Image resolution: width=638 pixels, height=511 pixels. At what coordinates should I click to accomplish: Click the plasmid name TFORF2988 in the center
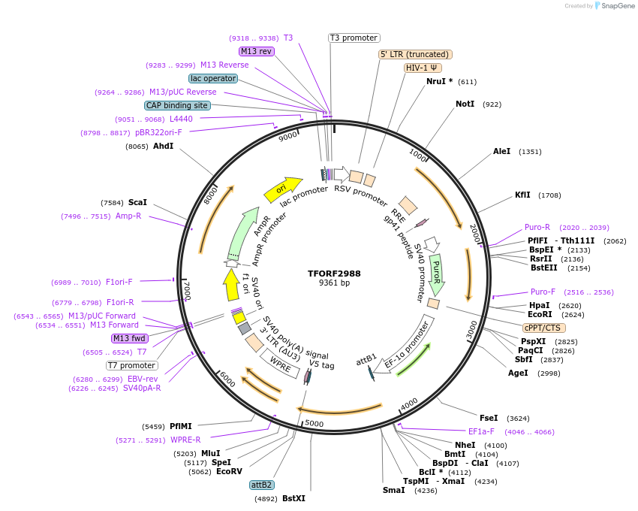click(334, 274)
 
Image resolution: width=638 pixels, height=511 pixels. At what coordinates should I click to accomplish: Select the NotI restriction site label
click(465, 104)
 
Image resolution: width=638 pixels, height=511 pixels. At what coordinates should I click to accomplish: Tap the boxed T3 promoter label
click(354, 38)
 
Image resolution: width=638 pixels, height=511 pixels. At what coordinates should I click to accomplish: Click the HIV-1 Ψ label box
click(423, 68)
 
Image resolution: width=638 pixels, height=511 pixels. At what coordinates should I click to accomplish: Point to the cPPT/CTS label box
click(544, 328)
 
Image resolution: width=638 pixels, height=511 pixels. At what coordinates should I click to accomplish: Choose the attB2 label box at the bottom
click(262, 485)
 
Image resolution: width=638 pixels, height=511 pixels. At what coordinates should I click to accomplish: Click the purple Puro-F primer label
click(544, 292)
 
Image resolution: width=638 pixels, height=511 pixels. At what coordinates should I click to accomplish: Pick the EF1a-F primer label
click(481, 431)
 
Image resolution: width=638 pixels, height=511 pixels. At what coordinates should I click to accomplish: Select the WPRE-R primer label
click(185, 440)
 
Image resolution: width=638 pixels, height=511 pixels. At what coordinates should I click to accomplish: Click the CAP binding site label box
click(177, 106)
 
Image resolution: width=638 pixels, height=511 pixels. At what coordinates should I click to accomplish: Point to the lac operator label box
click(213, 78)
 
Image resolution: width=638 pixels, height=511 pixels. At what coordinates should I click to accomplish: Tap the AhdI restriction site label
click(163, 146)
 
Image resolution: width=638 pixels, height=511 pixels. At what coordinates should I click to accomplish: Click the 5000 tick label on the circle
click(314, 423)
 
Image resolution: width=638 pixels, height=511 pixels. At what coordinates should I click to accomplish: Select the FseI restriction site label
click(488, 418)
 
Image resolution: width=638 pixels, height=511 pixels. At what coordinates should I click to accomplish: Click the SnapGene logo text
click(614, 6)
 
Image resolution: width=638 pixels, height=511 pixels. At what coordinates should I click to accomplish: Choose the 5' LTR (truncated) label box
click(414, 54)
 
